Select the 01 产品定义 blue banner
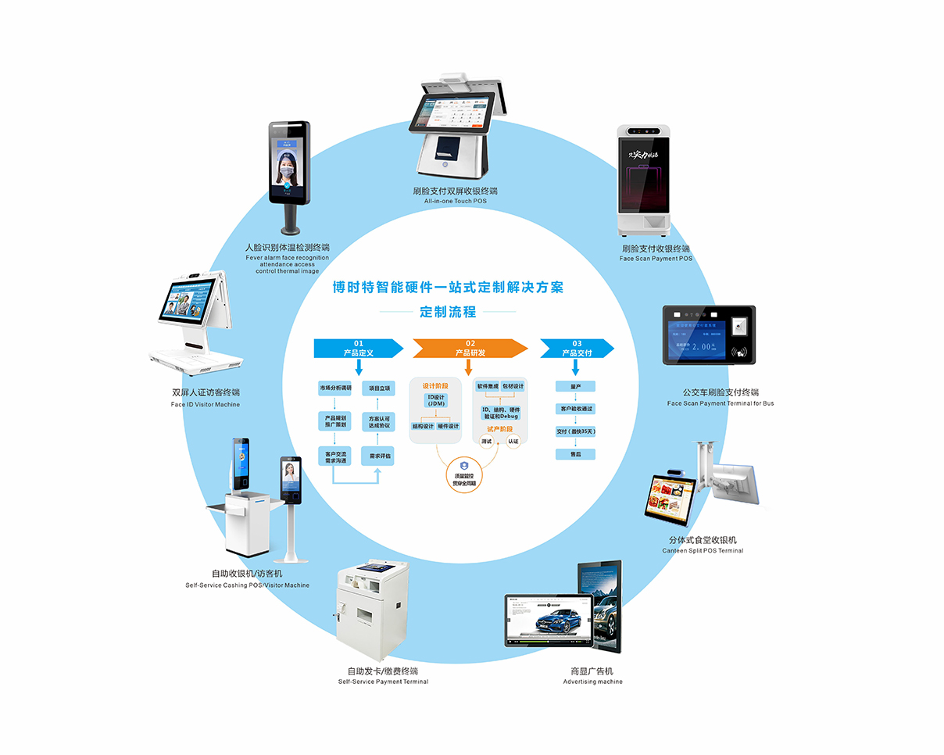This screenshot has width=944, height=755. [x=358, y=349]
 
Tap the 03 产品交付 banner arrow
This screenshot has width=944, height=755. [x=577, y=349]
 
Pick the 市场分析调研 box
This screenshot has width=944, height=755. [x=334, y=388]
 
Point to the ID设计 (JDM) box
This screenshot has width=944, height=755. [x=436, y=401]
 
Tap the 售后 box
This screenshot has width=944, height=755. [x=576, y=454]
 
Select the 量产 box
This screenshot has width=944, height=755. [x=576, y=386]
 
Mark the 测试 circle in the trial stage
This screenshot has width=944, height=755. [x=486, y=442]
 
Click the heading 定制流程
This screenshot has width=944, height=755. [x=448, y=312]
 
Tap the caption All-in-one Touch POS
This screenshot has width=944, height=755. [x=456, y=202]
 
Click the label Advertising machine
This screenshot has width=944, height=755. [x=592, y=682]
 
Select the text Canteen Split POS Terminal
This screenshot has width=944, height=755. [x=703, y=551]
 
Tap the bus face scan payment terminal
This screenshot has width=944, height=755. [x=709, y=335]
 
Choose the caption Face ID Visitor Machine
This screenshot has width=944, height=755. [x=206, y=404]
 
